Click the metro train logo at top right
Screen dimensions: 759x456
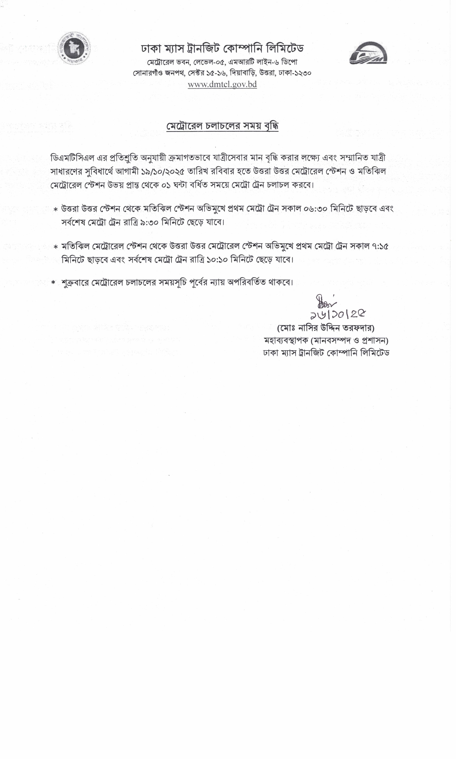[368, 53]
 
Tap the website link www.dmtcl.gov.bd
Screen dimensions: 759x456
[222, 84]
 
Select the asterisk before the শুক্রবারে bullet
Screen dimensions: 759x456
[54, 282]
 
